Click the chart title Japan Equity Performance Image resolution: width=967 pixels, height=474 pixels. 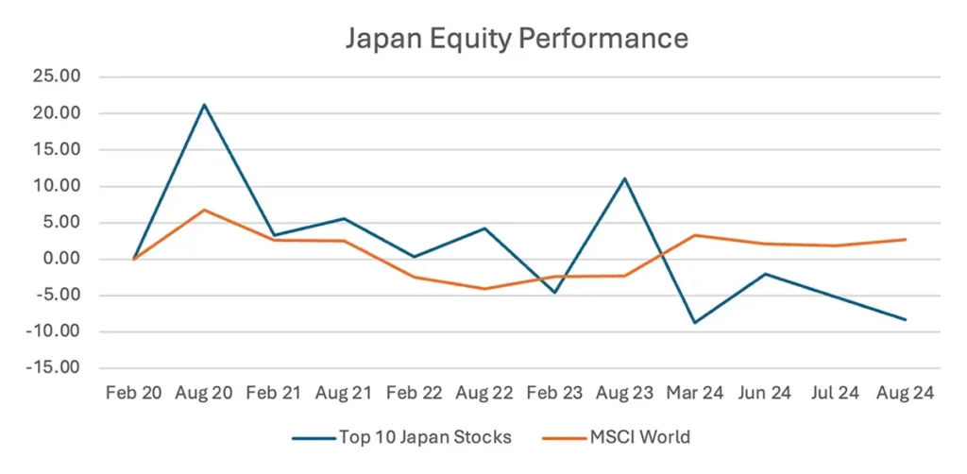pyautogui.click(x=516, y=39)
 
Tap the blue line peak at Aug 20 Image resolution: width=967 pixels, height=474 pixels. pyautogui.click(x=204, y=105)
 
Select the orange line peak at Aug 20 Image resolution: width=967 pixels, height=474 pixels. pyautogui.click(x=204, y=210)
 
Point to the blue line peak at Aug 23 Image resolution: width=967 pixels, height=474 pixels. pyautogui.click(x=624, y=178)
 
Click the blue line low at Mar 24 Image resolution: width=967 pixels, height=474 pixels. pyautogui.click(x=694, y=323)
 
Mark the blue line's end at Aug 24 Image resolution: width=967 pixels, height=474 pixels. pyautogui.click(x=905, y=320)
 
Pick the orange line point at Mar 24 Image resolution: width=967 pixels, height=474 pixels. pyautogui.click(x=694, y=235)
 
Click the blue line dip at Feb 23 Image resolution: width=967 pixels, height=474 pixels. pyautogui.click(x=554, y=293)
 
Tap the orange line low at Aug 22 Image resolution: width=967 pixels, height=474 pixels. pyautogui.click(x=484, y=289)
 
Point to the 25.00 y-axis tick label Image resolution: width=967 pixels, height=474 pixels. pyautogui.click(x=59, y=77)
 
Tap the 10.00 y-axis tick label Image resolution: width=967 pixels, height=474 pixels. pyautogui.click(x=59, y=187)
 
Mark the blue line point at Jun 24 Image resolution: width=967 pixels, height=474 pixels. pyautogui.click(x=764, y=274)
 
